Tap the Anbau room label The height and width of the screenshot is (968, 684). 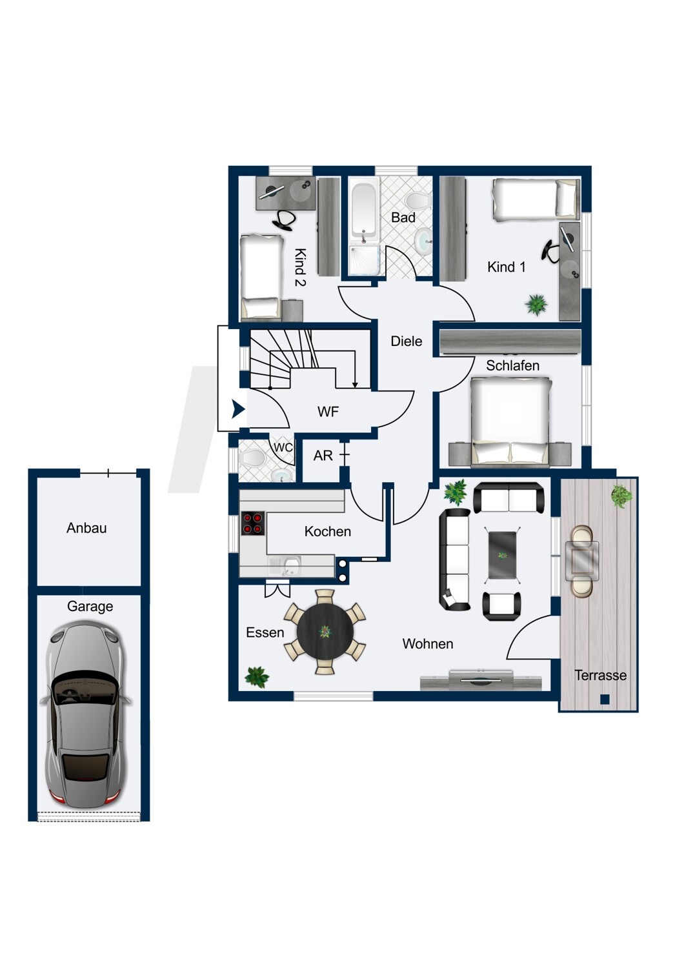pos(86,528)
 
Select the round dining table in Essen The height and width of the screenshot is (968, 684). pos(325,632)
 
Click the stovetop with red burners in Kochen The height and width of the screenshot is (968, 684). pos(253,523)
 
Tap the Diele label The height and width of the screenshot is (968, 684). pos(407,341)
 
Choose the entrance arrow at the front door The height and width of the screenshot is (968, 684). pos(238,409)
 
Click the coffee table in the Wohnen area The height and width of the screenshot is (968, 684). pos(502,555)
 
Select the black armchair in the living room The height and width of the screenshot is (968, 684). pos(501,606)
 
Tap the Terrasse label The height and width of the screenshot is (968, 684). pos(600,676)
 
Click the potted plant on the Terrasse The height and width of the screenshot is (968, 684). pos(621,496)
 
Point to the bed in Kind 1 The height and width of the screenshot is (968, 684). pos(535,199)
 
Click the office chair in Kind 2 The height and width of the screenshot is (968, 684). pos(285,220)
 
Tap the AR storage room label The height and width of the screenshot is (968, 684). pos(323,456)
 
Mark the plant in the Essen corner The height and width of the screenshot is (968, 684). pos(257,677)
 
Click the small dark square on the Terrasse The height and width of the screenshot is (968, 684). pos(605,699)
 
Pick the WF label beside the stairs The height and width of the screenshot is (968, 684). pos(328,412)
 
